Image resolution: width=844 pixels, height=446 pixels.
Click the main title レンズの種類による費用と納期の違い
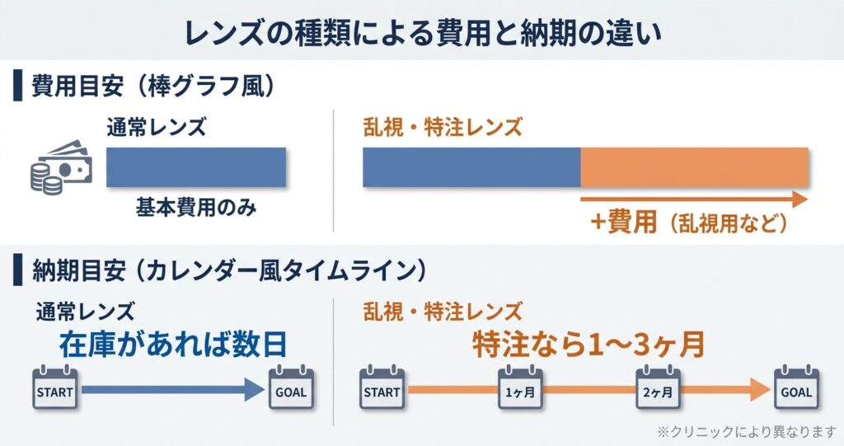point(421,31)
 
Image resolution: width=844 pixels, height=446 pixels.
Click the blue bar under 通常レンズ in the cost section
point(196,167)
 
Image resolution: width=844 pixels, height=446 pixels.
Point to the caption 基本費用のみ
point(196,207)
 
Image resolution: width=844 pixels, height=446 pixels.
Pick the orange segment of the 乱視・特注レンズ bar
point(694,167)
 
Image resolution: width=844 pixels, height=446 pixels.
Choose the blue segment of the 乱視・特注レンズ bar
point(471,167)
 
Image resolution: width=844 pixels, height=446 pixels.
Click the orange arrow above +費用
point(692,199)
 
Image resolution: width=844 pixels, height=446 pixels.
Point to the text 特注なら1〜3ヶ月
point(588,344)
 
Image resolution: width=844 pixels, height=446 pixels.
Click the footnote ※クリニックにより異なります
point(745,430)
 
